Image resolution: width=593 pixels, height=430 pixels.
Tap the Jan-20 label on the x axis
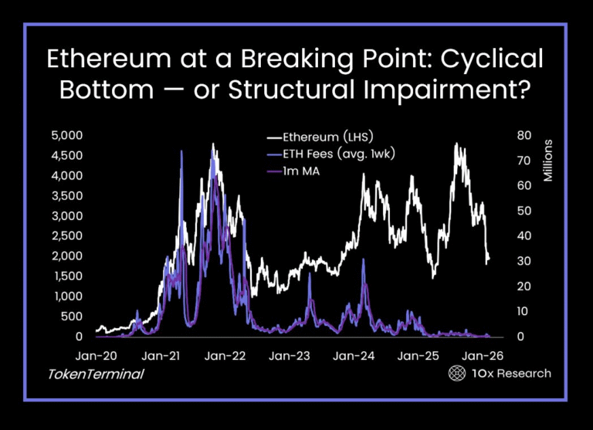pos(97,357)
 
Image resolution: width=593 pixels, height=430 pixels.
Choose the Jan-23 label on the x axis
pos(290,357)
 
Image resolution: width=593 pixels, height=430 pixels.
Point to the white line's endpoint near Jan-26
pos(489,259)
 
